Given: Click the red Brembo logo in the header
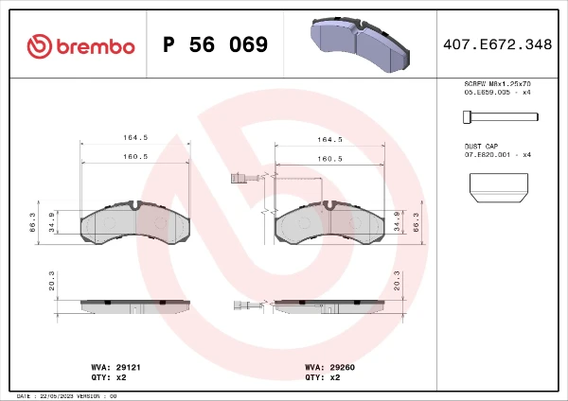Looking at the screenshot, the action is [80, 46].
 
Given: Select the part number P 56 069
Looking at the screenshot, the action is [215, 44].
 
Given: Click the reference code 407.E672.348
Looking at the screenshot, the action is [497, 44].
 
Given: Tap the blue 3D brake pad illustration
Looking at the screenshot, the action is [360, 44].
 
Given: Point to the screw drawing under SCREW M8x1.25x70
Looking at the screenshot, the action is [501, 117].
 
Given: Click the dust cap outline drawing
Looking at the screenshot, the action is [499, 187].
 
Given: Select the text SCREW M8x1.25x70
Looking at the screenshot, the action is [497, 84].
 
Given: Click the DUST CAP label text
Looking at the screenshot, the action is [481, 147].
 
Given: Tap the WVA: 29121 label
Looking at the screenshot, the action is [115, 367].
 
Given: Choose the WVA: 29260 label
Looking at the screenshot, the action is [329, 367].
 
